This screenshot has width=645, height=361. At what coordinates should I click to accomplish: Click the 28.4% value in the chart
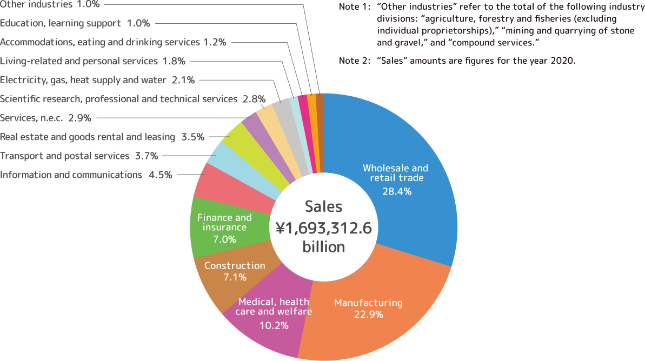pos(396,191)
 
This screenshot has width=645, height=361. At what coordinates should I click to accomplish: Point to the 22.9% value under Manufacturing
pos(368,315)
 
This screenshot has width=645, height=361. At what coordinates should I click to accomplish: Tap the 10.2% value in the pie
pos(274,325)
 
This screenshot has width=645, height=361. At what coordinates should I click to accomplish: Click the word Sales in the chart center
pos(323,207)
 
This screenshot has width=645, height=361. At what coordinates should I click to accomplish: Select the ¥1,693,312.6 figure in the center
pos(323,228)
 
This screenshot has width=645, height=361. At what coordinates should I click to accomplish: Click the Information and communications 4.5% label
pos(87,175)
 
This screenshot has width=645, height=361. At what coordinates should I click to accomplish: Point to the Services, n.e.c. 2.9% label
pos(45,118)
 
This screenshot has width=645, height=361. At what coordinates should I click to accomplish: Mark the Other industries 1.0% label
pos(50,4)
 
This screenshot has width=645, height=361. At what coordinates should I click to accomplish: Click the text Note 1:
pos(355,7)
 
